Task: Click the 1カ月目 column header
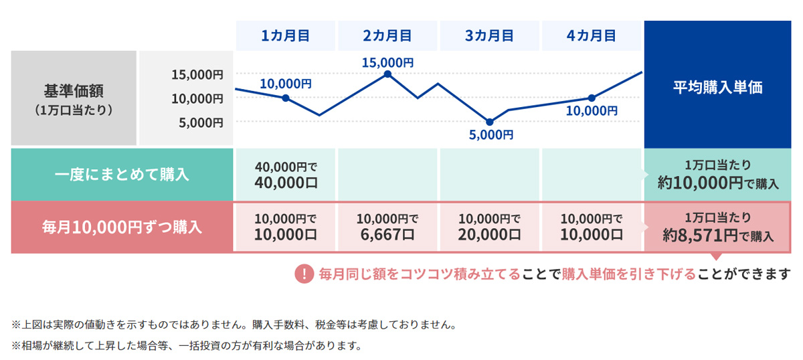285,35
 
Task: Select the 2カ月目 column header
387,35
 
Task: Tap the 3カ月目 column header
489,35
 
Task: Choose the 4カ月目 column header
592,35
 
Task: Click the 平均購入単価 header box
717,88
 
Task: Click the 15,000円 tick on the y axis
197,74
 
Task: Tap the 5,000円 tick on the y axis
200,122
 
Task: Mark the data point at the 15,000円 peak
387,74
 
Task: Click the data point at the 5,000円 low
489,122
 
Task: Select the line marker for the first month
286,98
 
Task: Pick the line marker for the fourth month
592,98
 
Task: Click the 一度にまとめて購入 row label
122,175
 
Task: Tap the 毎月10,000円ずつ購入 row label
122,226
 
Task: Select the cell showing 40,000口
285,175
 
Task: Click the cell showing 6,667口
387,226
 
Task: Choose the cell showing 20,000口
489,226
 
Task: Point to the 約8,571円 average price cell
717,226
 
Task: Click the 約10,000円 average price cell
717,175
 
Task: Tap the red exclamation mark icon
304,274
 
